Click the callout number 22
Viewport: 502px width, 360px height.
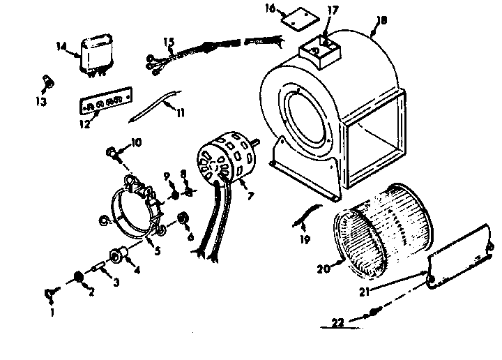(338, 323)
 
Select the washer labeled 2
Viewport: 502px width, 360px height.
(79, 278)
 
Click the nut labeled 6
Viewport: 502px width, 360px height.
(183, 218)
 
